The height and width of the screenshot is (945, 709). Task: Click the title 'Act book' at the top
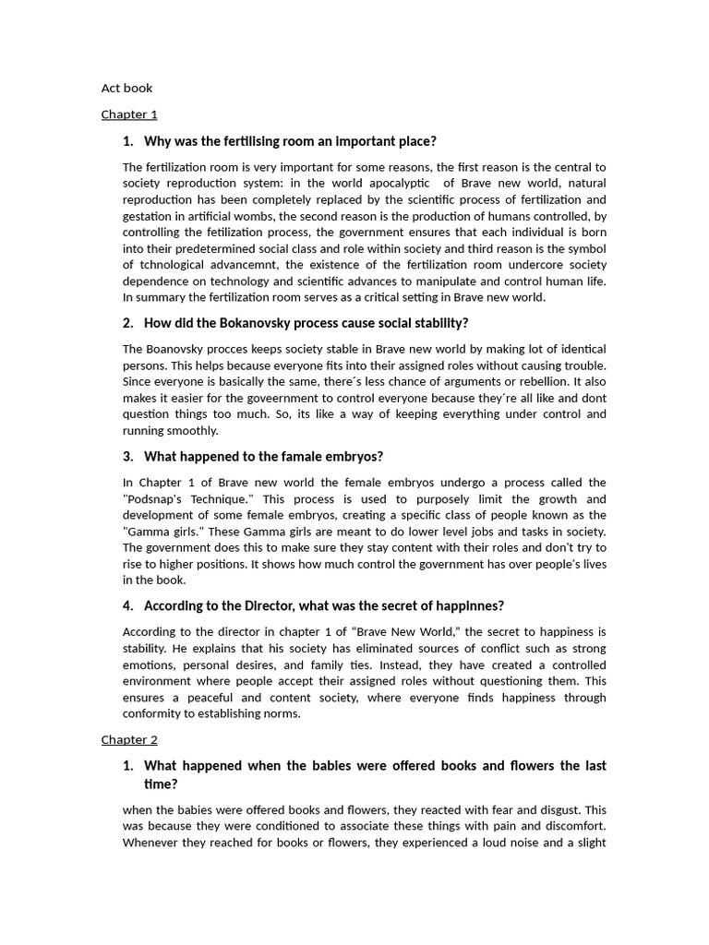click(x=126, y=89)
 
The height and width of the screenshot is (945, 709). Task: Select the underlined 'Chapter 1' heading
click(x=129, y=114)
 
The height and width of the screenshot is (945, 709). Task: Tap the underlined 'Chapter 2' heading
click(x=129, y=739)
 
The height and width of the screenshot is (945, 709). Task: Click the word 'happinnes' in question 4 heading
click(x=468, y=605)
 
